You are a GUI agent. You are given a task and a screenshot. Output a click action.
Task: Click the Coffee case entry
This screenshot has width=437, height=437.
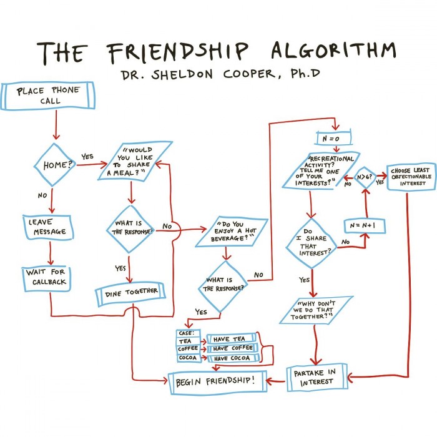coord(188,348)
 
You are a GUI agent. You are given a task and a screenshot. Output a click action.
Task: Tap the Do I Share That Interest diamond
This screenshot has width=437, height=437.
coord(310,242)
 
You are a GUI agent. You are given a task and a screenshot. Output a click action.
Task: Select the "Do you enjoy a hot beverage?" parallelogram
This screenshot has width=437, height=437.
coord(232,232)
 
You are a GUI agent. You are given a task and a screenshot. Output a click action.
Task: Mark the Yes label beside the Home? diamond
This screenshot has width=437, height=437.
coord(88,156)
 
